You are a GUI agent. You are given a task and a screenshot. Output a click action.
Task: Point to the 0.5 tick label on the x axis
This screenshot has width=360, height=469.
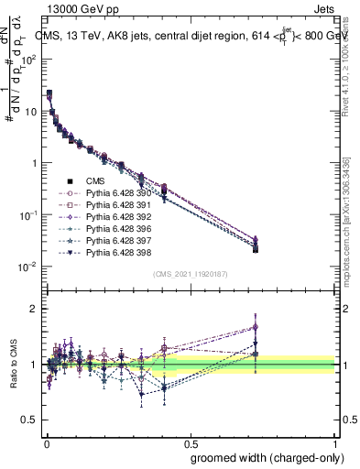pyautogui.click(x=191, y=442)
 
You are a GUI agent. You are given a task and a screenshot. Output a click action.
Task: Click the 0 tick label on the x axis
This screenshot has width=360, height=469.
pyautogui.click(x=45, y=442)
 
